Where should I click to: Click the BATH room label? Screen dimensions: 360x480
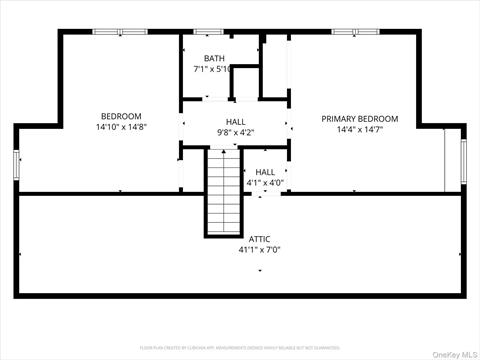point(215,58)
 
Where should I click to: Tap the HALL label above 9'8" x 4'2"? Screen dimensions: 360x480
point(235,121)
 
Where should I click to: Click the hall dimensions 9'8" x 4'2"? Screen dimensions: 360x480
point(235,132)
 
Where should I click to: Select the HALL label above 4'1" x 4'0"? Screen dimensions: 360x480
point(265,172)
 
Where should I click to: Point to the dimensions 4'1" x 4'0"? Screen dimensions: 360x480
point(265,183)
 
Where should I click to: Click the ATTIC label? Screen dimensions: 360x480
point(260,239)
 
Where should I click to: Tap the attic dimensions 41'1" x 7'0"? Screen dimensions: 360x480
point(260,250)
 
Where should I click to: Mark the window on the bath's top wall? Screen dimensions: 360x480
point(208,32)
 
